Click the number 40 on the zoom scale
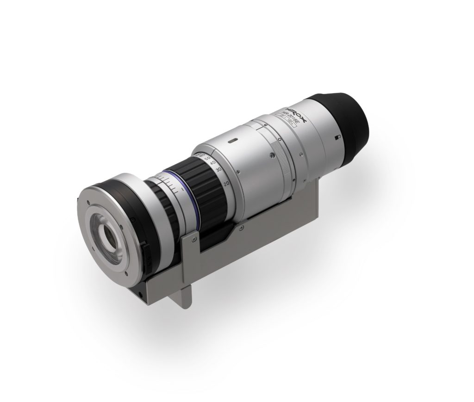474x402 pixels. [213, 163]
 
